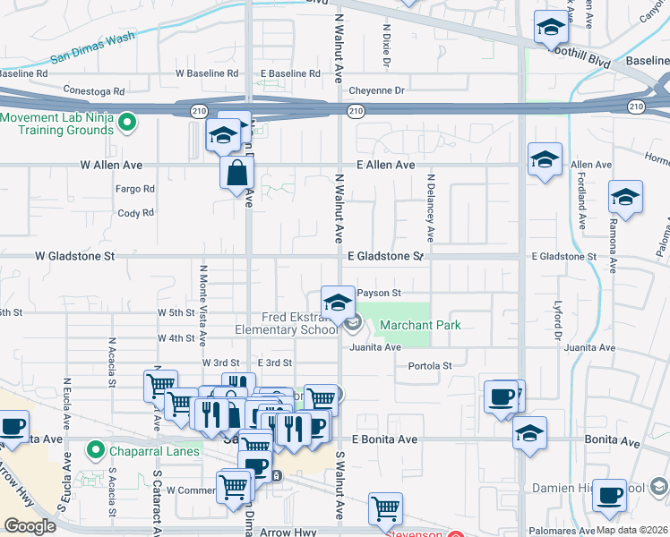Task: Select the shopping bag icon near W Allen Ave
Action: point(236,172)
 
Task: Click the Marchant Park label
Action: point(420,325)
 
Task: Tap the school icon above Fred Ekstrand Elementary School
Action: point(338,303)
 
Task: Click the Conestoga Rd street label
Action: point(94,90)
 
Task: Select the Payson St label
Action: point(378,293)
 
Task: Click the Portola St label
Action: point(430,365)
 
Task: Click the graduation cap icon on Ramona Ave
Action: point(625,196)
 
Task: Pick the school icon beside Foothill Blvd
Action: point(551,28)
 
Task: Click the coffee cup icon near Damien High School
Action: point(611,493)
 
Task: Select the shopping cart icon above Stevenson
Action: point(386,508)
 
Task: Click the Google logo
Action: point(30,526)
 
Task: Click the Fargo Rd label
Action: point(135,189)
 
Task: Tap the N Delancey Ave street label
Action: point(430,210)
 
